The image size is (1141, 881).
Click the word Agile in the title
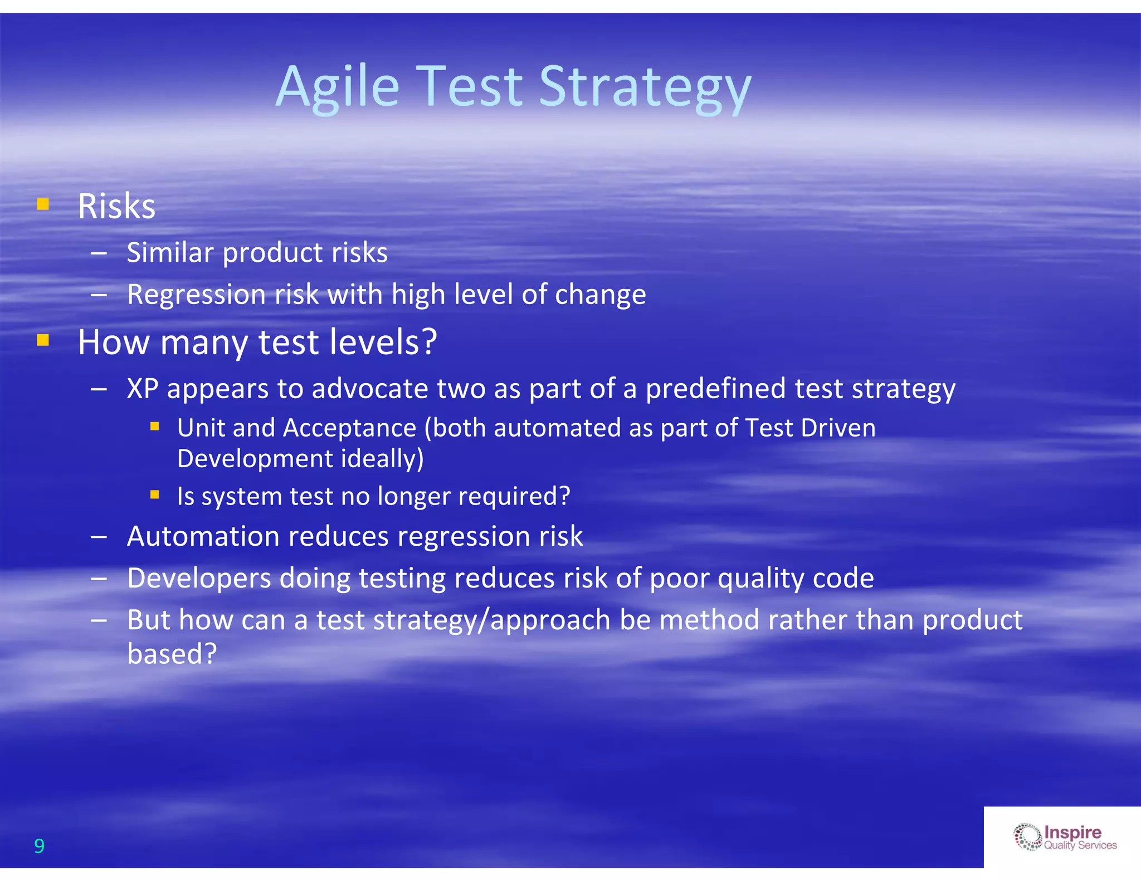click(x=338, y=87)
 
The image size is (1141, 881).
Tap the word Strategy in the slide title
click(x=645, y=87)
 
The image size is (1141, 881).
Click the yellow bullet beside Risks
click(x=43, y=204)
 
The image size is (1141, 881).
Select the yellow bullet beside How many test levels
click(x=43, y=340)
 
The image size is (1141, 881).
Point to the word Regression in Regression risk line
click(x=196, y=295)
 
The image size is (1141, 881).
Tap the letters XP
click(x=143, y=388)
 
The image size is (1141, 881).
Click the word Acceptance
click(x=349, y=428)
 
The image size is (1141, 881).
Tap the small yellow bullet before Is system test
click(x=155, y=495)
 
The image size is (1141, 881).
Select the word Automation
click(x=203, y=536)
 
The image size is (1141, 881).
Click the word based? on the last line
click(x=172, y=654)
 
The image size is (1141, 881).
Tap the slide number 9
click(x=39, y=846)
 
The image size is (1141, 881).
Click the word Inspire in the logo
click(x=1072, y=832)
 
